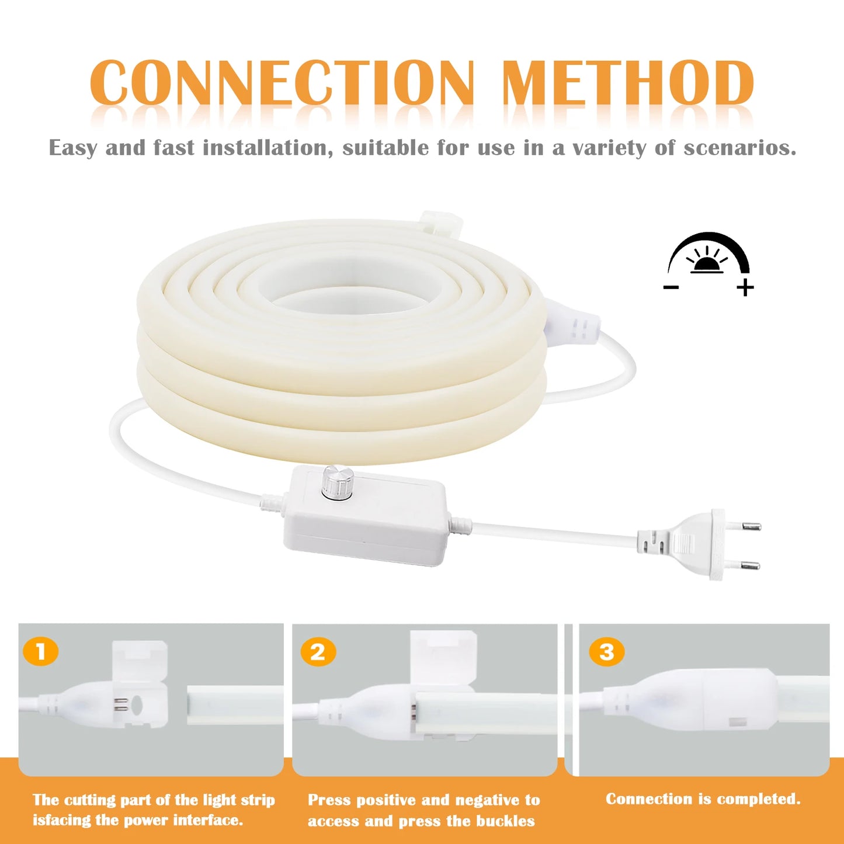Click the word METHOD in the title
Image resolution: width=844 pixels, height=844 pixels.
[x=628, y=83]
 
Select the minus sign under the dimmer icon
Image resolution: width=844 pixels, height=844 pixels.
[x=672, y=287]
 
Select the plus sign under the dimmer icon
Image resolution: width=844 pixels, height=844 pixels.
[x=745, y=287]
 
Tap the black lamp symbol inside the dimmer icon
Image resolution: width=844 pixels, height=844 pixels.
[x=707, y=265]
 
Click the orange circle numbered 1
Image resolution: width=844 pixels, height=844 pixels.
[x=41, y=652]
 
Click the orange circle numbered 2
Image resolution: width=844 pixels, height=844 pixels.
[x=318, y=652]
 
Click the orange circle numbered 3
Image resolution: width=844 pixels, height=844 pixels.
[x=606, y=652]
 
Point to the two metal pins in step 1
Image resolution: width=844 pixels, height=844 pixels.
[x=120, y=704]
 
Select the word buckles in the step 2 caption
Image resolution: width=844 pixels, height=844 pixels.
[x=506, y=821]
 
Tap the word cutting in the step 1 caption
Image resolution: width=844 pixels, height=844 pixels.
[x=89, y=800]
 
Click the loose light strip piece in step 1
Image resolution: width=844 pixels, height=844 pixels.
[x=234, y=705]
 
